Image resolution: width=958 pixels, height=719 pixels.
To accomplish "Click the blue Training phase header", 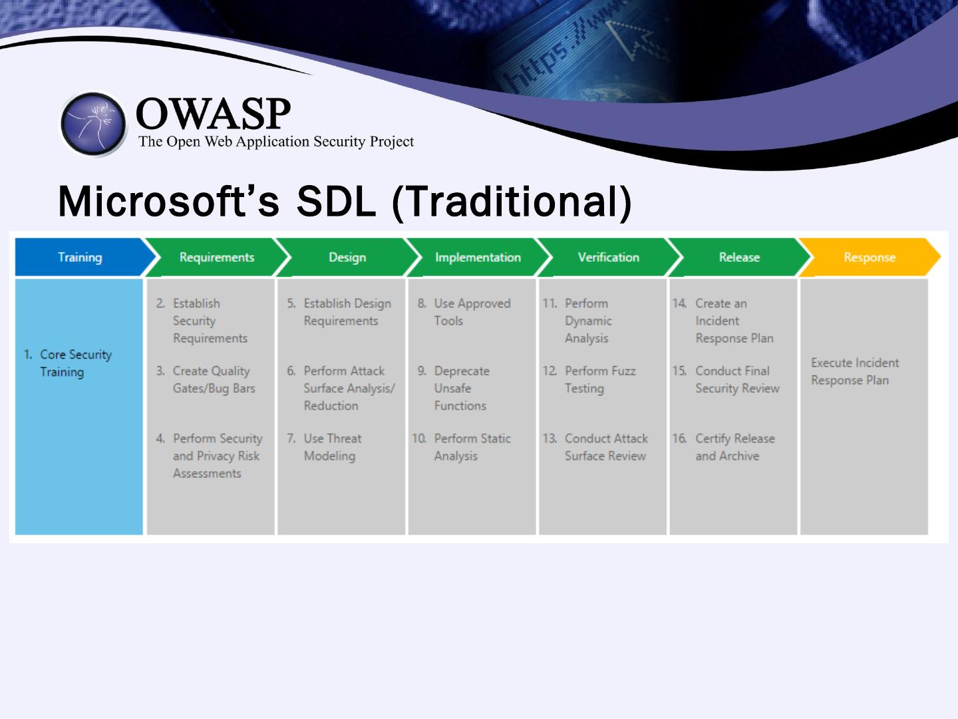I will point(80,257).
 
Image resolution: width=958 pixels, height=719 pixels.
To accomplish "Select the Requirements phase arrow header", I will point(216,257).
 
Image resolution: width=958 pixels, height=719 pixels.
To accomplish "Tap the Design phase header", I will point(347,257).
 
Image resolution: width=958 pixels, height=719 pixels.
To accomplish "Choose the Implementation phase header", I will point(477,257).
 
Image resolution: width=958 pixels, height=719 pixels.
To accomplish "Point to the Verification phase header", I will point(608,257).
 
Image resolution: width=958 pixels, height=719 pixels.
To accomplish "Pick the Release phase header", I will point(738,257).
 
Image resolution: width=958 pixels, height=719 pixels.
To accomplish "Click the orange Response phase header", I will point(869,257).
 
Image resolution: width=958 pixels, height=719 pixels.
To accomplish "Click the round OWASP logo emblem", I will point(93,124).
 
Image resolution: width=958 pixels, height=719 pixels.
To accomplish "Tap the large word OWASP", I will point(213,115).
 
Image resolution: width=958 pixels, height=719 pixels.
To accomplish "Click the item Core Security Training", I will point(75,363).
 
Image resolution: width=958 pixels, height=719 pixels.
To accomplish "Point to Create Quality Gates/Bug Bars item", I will point(213,379).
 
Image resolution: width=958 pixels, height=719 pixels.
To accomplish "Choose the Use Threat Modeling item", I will point(331,447).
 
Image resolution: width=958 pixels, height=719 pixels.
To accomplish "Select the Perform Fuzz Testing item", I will point(599,379).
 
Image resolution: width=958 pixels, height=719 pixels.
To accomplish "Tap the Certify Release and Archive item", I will point(734,447).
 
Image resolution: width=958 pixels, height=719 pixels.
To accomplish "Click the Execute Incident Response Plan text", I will point(854,371).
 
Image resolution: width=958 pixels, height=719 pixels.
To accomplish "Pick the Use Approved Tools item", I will point(471,312).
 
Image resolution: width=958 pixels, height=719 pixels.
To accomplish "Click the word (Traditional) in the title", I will point(511,201).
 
